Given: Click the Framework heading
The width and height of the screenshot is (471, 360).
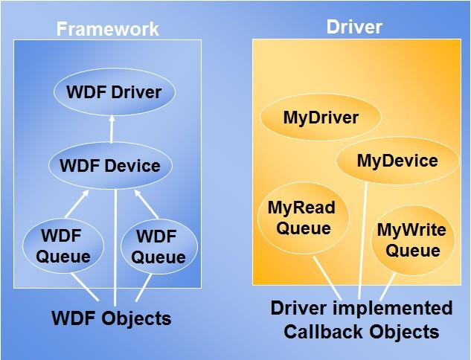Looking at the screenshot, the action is (x=108, y=29).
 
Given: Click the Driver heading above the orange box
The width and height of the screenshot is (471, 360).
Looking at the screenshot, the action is (x=354, y=27).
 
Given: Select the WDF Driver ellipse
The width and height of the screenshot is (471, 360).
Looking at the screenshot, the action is (x=115, y=92).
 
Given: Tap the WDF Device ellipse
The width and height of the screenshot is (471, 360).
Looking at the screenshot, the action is (x=111, y=165).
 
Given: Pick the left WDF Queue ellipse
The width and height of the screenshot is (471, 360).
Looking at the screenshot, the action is (x=63, y=246).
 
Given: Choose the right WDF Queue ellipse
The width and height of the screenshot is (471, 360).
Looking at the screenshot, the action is (x=159, y=247).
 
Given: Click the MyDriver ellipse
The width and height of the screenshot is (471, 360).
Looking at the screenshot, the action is (x=321, y=117).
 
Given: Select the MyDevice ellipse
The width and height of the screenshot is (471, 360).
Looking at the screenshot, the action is (x=397, y=161).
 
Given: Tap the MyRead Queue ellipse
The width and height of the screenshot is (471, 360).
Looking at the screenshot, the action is (x=303, y=218).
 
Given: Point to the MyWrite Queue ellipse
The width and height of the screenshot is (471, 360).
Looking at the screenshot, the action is (x=413, y=240).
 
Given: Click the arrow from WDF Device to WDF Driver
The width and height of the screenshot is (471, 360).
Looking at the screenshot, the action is (x=112, y=129).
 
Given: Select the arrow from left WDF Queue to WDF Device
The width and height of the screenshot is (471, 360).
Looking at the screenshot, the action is (x=77, y=204).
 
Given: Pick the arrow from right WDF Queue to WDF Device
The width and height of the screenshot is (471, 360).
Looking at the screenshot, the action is (x=147, y=204).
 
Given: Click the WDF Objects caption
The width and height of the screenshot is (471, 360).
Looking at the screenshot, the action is (x=112, y=318).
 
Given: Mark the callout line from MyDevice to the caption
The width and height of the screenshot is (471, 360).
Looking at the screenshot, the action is (x=362, y=240).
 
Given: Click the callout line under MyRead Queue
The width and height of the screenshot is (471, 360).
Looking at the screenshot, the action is (x=327, y=278).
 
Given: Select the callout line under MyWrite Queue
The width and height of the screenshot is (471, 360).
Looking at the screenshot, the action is (x=388, y=287).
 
